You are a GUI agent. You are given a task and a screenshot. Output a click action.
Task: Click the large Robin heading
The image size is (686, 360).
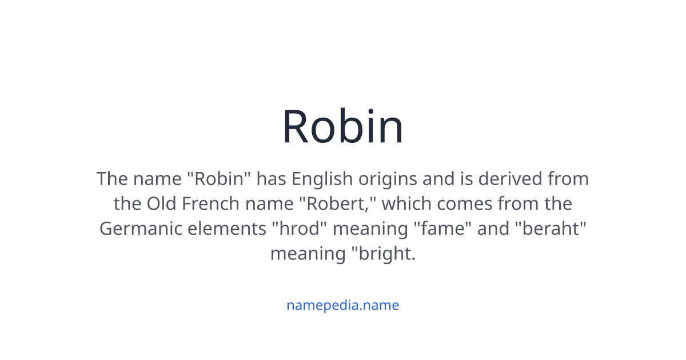point(343,127)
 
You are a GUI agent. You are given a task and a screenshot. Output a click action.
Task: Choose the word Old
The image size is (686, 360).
point(161,204)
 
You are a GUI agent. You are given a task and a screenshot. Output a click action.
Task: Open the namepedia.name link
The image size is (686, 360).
point(343,305)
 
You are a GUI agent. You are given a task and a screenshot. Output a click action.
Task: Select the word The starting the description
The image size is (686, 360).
point(112,179)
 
